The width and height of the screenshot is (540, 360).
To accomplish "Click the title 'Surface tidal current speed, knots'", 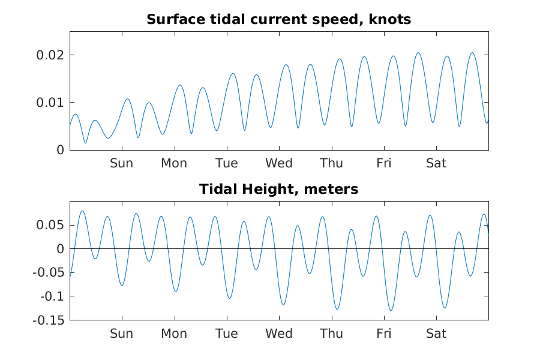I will point(278,19).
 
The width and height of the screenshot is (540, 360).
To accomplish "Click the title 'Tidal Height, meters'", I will point(278,190).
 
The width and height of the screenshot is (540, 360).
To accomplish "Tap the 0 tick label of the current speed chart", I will point(59,150).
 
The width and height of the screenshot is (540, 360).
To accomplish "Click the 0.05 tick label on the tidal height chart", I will point(52,226).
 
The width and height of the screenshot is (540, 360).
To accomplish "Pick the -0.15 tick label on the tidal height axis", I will point(49,320).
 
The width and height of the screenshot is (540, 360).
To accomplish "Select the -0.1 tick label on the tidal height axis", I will point(52,296).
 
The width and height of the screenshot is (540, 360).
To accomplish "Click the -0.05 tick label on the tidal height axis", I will point(49,273).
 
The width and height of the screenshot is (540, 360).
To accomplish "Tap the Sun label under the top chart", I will point(121,163).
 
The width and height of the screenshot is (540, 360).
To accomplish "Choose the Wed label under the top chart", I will point(279,163).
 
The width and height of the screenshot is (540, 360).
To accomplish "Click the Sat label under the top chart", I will point(436,163).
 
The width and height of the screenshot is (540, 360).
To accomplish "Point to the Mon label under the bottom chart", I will point(174,334).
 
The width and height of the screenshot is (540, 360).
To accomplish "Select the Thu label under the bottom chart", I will point(331,334).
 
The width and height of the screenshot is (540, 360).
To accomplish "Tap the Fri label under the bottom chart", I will point(384,334).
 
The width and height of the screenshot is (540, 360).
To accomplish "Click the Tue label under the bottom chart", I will point(226,334).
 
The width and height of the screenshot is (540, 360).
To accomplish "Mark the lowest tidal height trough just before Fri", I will point(391,310).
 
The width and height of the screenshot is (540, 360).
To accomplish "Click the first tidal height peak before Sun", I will point(82,211).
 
